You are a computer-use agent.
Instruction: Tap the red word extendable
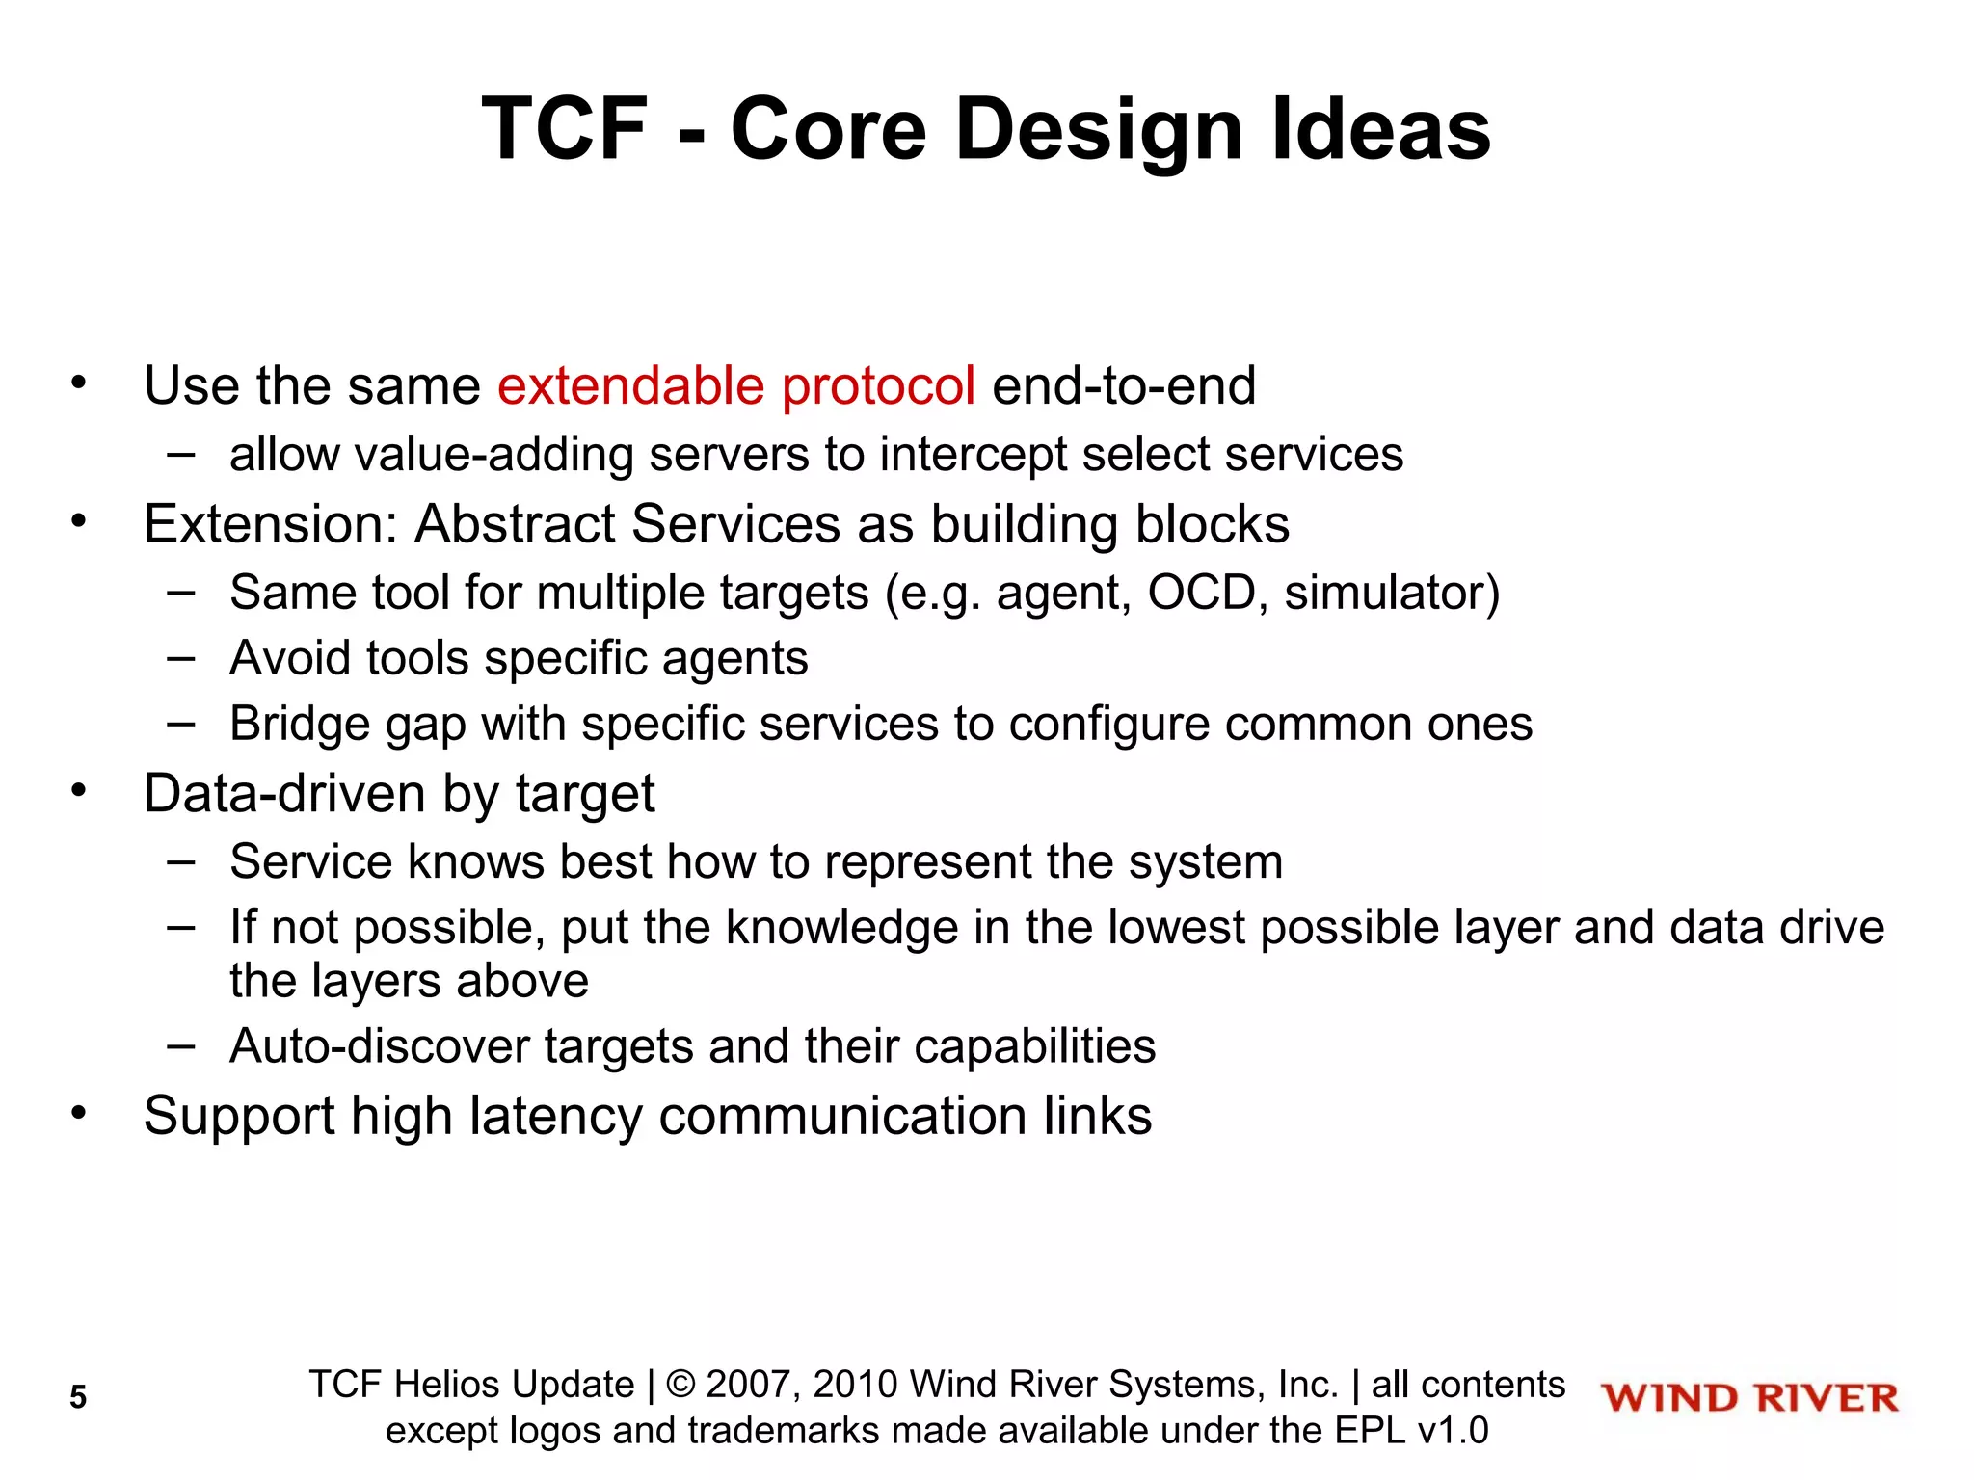(630, 386)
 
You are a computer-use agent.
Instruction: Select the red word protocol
(878, 386)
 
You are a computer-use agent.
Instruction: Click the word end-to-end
(1124, 386)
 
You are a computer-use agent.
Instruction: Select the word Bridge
(300, 724)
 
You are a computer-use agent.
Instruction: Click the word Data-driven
(284, 794)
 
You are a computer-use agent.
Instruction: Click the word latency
(555, 1116)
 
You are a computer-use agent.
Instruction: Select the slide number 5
(78, 1397)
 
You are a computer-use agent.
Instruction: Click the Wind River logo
(1749, 1398)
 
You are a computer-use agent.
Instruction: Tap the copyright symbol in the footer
(680, 1385)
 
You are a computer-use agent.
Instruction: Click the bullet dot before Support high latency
(79, 1114)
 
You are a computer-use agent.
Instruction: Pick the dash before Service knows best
(180, 860)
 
